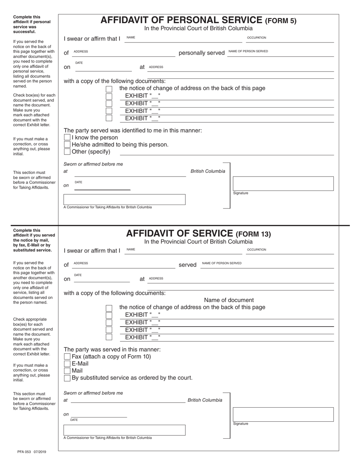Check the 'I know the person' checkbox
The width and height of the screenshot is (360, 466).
pyautogui.click(x=67, y=138)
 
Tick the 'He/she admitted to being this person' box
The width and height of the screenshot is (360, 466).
pyautogui.click(x=67, y=145)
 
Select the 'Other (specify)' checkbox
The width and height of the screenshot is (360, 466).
pyautogui.click(x=67, y=152)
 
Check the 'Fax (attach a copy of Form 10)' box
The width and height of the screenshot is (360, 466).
pyautogui.click(x=67, y=357)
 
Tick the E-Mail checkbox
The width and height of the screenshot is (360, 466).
pyautogui.click(x=67, y=364)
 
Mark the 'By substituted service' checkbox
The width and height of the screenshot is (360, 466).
pyautogui.click(x=67, y=378)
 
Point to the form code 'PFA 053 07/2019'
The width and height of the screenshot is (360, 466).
pyautogui.click(x=32, y=452)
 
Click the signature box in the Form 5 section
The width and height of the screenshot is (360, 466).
pyautogui.click(x=283, y=183)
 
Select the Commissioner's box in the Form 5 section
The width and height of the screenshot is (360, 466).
pyautogui.click(x=124, y=200)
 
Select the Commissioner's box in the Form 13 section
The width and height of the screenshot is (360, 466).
pyautogui.click(x=124, y=430)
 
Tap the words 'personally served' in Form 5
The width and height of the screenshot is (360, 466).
pyautogui.click(x=202, y=53)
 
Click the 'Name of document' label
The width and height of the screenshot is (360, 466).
pyautogui.click(x=229, y=300)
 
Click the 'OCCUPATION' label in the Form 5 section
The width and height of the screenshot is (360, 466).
pyautogui.click(x=257, y=38)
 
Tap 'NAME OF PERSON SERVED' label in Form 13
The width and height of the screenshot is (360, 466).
pyautogui.click(x=222, y=263)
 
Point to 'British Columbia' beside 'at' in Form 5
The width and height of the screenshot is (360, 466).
pyautogui.click(x=208, y=171)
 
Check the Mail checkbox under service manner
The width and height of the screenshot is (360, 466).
pyautogui.click(x=67, y=371)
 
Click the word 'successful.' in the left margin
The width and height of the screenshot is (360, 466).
pyautogui.click(x=24, y=32)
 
